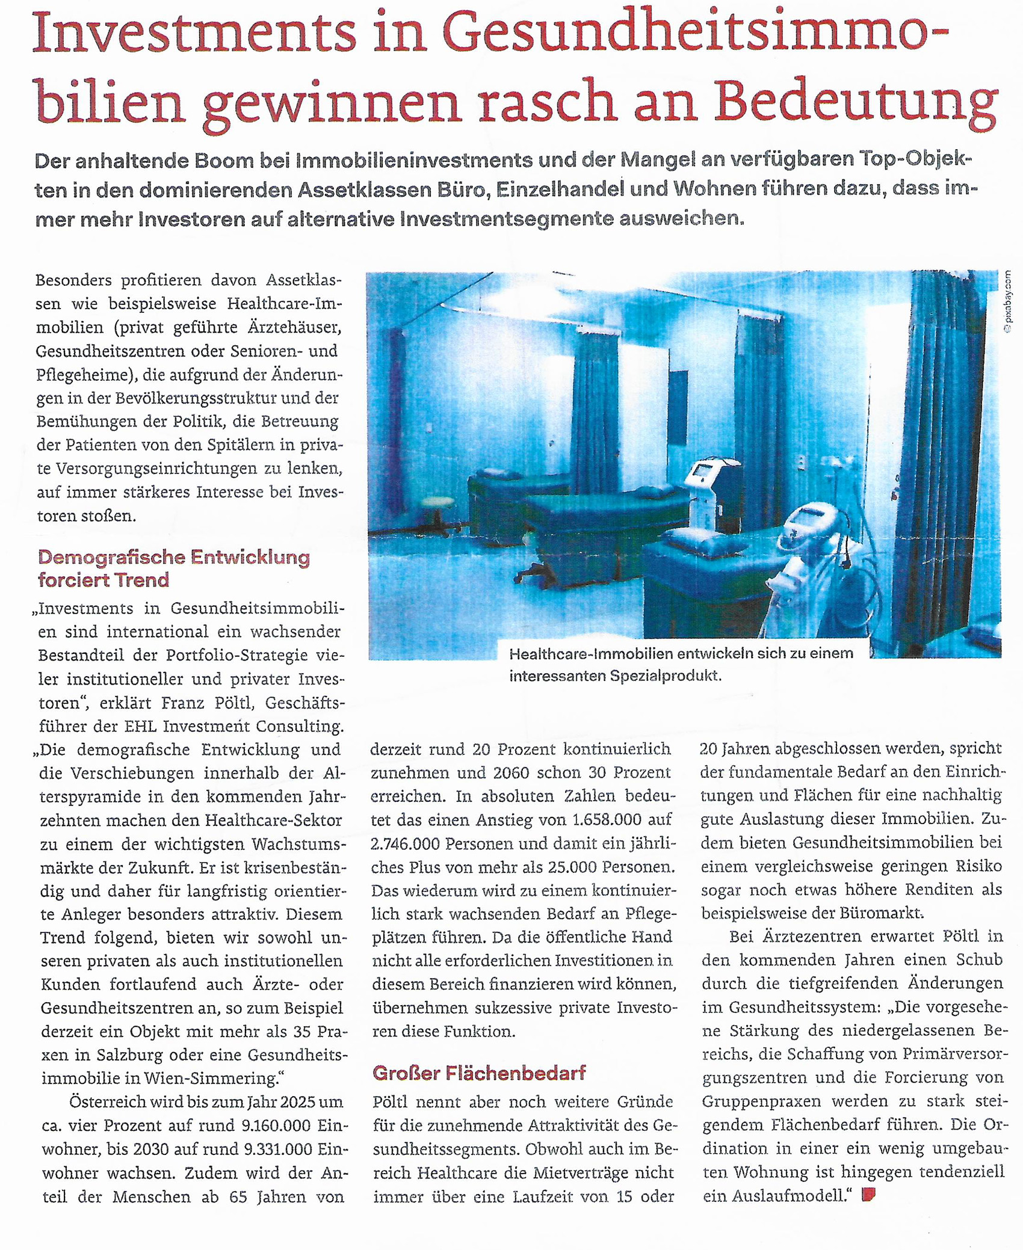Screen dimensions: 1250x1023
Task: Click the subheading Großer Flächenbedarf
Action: point(479,1073)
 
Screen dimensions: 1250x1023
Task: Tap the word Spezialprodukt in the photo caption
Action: point(664,676)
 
